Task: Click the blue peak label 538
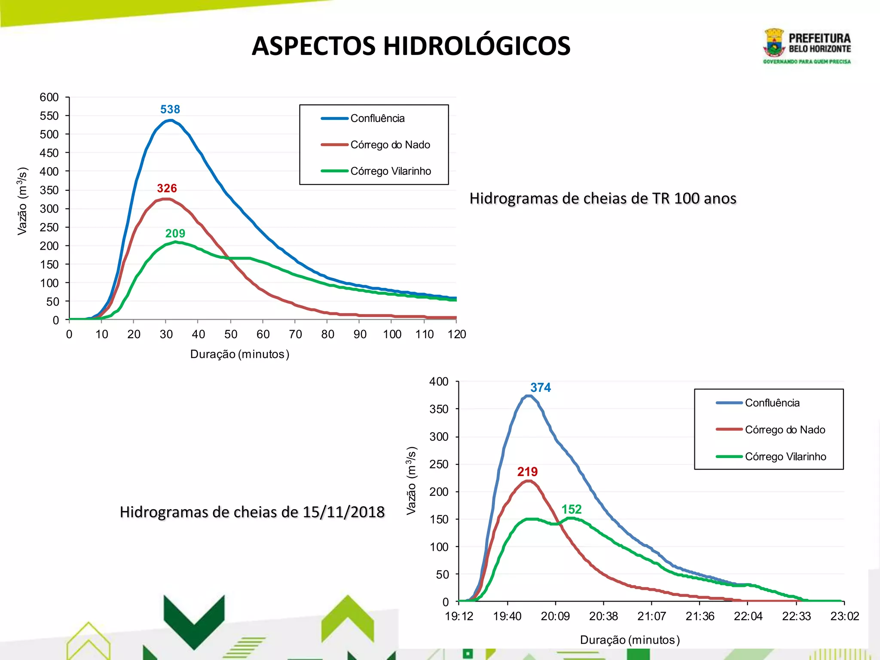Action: (x=170, y=110)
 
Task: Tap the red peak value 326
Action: (x=167, y=188)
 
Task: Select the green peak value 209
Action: (x=175, y=233)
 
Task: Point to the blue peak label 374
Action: (x=541, y=388)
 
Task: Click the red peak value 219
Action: (x=527, y=472)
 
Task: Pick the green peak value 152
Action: (x=571, y=509)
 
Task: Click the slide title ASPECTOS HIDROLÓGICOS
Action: (x=411, y=46)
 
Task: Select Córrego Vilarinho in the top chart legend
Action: (x=391, y=171)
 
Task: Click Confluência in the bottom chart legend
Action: (x=772, y=403)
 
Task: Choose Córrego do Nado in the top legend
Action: (x=390, y=145)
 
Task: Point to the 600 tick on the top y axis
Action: (x=49, y=97)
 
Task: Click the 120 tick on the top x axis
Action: (x=457, y=334)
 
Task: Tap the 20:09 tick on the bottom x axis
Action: (x=555, y=616)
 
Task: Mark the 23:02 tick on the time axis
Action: (x=844, y=616)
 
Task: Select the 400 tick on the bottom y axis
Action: (x=439, y=382)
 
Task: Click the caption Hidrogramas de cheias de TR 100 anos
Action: (x=603, y=199)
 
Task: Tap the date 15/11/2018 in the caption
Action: (x=343, y=512)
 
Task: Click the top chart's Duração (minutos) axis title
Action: (x=240, y=354)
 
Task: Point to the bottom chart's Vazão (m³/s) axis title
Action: (x=411, y=480)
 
